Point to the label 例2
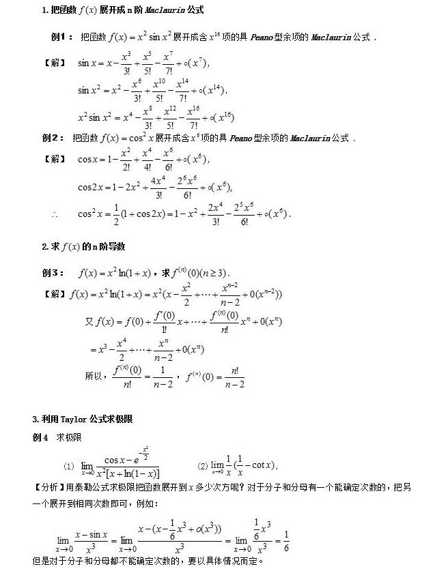[x=52, y=138]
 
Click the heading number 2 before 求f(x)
[x=44, y=246]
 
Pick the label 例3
[x=53, y=273]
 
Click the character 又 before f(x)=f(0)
[x=89, y=321]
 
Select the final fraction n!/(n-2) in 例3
[x=232, y=377]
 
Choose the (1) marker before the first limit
[x=68, y=466]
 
